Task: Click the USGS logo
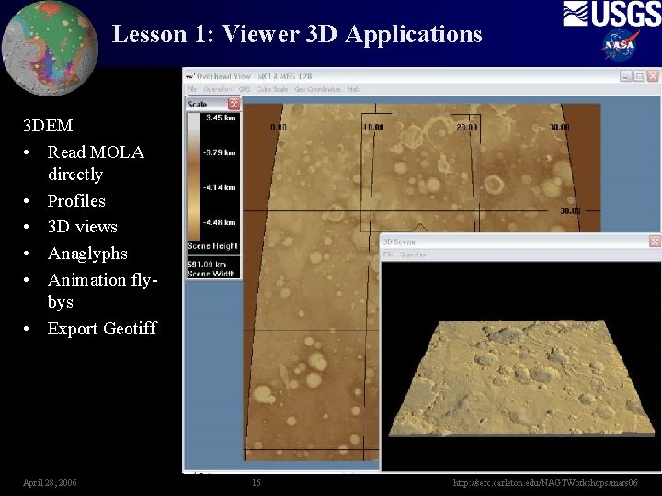click(611, 14)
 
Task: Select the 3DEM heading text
click(48, 125)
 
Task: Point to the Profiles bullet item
click(76, 200)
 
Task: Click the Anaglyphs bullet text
click(87, 253)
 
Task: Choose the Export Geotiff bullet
click(102, 328)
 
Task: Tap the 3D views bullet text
click(83, 226)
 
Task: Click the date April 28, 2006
click(50, 482)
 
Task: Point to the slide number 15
click(256, 482)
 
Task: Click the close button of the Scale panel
click(234, 104)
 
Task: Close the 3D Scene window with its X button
click(655, 241)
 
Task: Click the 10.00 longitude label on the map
click(373, 127)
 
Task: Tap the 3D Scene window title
click(400, 242)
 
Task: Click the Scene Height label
click(212, 246)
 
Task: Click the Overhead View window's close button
click(655, 76)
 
